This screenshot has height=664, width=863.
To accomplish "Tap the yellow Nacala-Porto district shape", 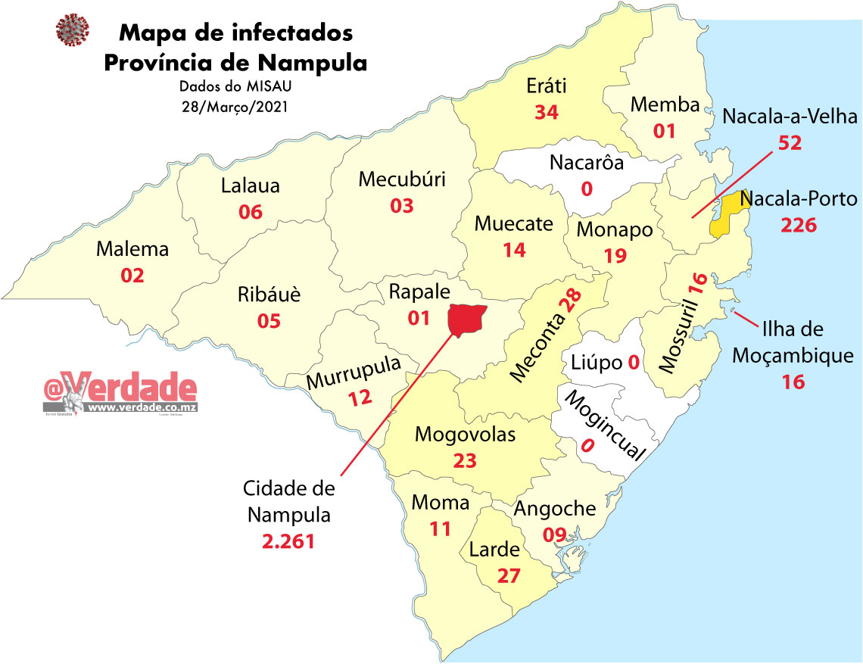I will [x=725, y=213].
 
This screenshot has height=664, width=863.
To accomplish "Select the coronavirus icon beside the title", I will [x=73, y=31].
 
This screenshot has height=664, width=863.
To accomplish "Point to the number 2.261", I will [x=288, y=541].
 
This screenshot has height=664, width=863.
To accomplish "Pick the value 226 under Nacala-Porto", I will [x=799, y=225].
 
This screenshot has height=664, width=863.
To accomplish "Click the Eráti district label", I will [x=547, y=86].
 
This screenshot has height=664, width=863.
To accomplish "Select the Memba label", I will [x=665, y=105].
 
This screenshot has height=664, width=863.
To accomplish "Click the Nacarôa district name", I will [x=587, y=162].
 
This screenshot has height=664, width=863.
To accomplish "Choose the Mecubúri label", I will [x=402, y=179].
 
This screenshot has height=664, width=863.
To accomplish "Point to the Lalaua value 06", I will [x=250, y=211].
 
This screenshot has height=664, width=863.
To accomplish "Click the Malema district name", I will [x=132, y=249].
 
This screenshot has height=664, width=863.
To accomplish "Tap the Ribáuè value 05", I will [x=269, y=320].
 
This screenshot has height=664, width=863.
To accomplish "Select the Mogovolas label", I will [x=465, y=435].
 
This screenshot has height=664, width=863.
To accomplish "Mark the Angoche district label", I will [x=555, y=509].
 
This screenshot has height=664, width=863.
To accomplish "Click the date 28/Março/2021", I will [x=235, y=106].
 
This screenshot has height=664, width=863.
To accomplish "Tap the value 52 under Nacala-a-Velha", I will [x=790, y=142].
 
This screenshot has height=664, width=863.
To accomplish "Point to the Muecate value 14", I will [x=514, y=249].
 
